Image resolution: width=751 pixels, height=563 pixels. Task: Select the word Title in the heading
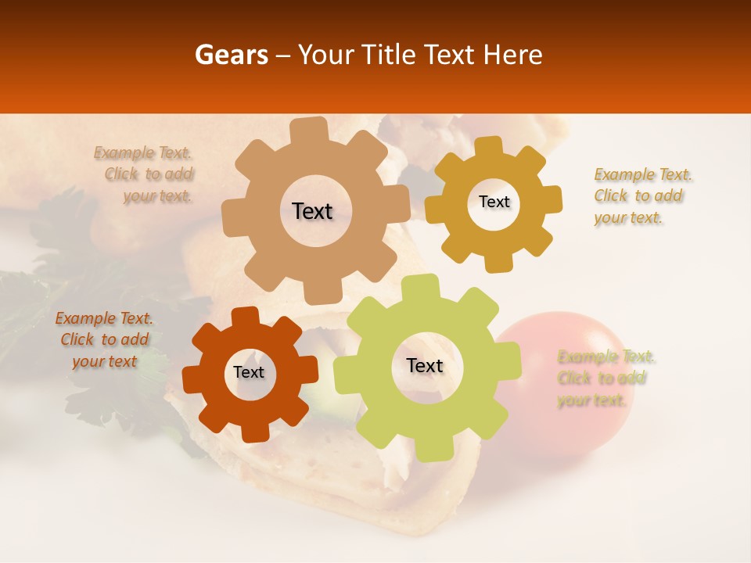387,55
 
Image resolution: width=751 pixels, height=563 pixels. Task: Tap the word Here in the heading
512,55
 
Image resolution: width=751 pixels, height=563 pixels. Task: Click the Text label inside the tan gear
312,211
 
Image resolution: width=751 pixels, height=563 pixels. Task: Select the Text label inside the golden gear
494,202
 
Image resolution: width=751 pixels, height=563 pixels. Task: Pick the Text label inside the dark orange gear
249,372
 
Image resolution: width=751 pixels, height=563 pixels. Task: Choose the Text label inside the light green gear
425,365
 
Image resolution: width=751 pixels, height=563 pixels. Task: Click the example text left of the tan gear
147,174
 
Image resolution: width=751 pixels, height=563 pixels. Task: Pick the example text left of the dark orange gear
104,339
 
